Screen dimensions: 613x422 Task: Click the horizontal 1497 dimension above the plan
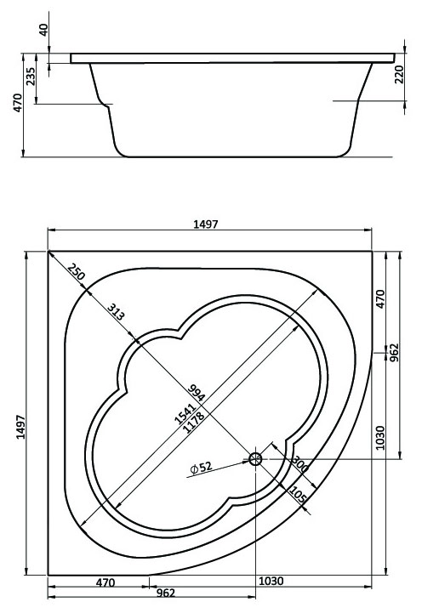(x=207, y=224)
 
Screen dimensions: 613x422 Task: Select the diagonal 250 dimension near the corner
(x=77, y=274)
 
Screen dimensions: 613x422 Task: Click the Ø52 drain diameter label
(x=201, y=468)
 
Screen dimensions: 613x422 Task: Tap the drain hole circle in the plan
(x=255, y=459)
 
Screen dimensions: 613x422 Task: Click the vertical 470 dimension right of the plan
(x=380, y=298)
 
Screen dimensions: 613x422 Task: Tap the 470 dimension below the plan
(x=104, y=582)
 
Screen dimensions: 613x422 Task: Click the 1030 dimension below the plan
(x=271, y=582)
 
